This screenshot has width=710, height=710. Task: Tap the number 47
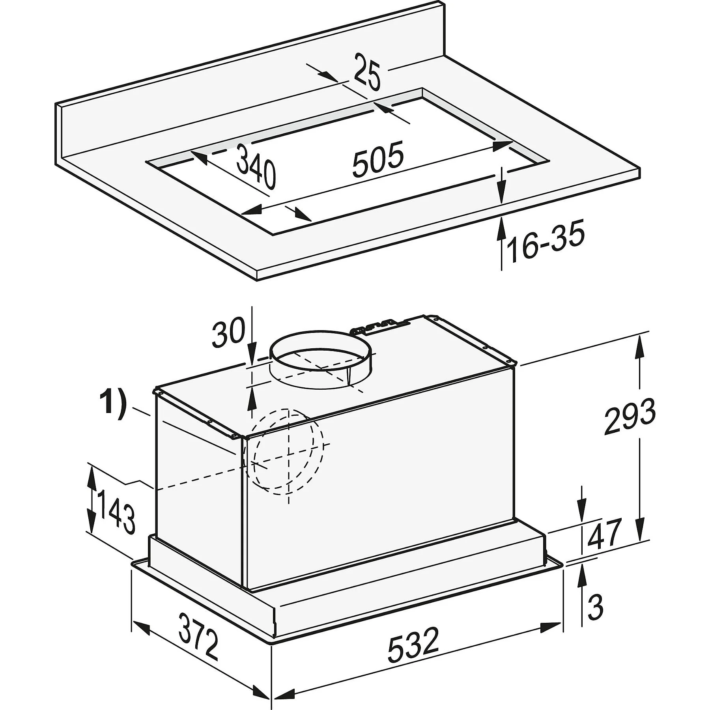pos(603,534)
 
